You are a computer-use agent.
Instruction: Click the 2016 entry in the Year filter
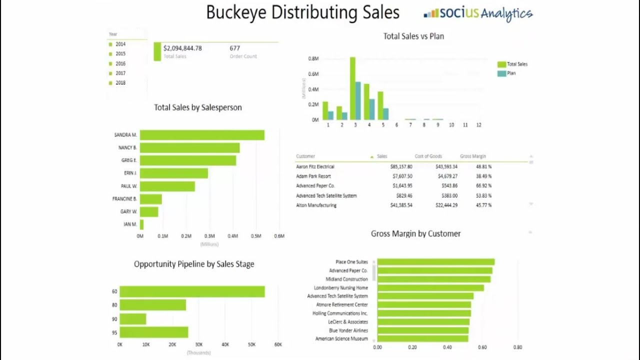(x=120, y=63)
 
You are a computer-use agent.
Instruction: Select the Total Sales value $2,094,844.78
(x=182, y=48)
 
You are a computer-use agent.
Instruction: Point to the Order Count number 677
(x=235, y=48)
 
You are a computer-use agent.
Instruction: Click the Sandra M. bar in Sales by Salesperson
(x=202, y=135)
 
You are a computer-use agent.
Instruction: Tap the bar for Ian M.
(x=142, y=224)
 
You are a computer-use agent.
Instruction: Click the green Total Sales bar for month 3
(x=352, y=88)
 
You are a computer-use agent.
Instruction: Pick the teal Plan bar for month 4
(x=372, y=109)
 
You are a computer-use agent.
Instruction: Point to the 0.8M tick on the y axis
(x=313, y=58)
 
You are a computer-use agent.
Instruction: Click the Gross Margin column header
(x=472, y=156)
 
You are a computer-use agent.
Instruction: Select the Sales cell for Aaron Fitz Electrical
(x=401, y=166)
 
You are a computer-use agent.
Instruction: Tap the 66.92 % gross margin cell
(x=483, y=186)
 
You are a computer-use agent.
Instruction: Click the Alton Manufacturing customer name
(x=316, y=205)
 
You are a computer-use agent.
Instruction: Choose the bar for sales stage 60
(x=192, y=292)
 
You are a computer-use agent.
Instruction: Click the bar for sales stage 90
(x=133, y=319)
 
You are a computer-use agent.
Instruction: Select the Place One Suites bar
(x=435, y=262)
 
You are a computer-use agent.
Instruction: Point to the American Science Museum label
(x=341, y=339)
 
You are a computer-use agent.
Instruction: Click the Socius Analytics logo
(x=478, y=13)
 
